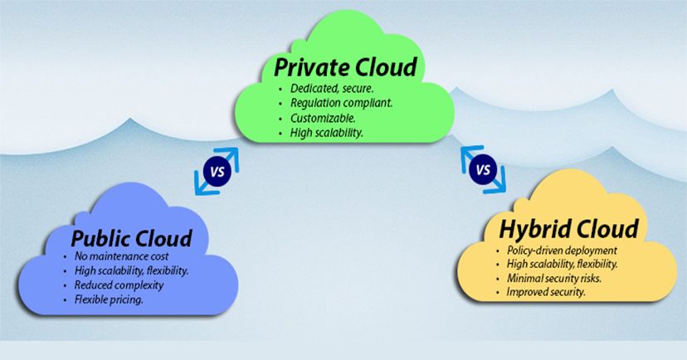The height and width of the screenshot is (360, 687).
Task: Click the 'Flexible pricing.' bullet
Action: (x=109, y=299)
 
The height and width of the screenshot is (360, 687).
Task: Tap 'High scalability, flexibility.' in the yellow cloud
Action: (x=562, y=265)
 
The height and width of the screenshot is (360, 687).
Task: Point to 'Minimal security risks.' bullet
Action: (x=553, y=279)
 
